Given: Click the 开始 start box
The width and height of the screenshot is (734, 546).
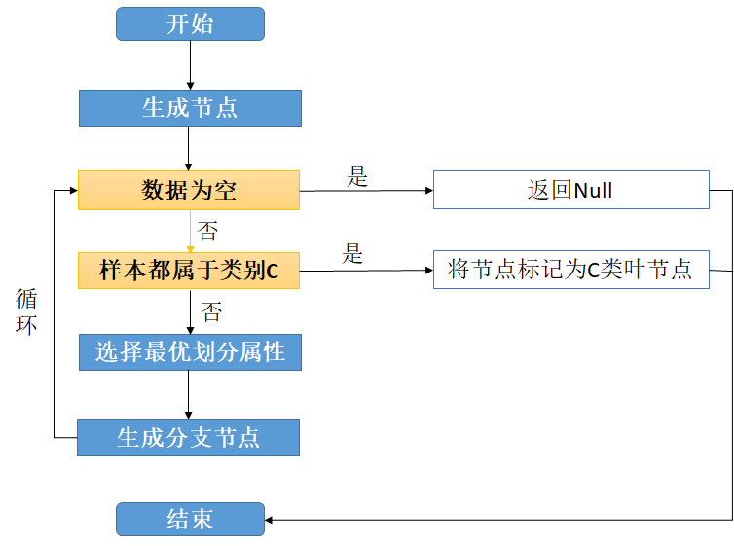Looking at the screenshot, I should point(190,24).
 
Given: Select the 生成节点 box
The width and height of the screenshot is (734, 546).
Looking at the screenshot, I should point(190,108).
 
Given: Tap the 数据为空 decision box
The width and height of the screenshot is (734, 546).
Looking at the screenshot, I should point(189,190).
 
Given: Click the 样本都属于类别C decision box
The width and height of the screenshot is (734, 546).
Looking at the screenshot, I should point(189,271).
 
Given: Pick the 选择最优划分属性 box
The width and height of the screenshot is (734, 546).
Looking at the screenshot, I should point(190,352).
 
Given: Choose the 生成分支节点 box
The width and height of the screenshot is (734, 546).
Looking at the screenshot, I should point(188,438).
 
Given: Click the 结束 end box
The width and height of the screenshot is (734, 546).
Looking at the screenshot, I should point(190,519).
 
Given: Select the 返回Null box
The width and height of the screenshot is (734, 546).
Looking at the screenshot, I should point(570,190).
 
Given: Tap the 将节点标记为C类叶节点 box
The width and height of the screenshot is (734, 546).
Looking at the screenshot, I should point(570,270).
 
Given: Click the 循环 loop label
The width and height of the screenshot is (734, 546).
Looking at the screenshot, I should point(27,311).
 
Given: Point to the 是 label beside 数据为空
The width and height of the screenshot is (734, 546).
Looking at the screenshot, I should point(357,177).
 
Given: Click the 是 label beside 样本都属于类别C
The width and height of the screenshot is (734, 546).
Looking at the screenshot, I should point(352,255).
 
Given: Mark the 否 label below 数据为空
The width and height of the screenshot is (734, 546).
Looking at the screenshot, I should point(207,232).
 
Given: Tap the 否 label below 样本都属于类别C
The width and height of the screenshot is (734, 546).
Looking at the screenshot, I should point(210,312).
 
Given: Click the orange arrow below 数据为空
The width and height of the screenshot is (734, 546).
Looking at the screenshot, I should point(190,231).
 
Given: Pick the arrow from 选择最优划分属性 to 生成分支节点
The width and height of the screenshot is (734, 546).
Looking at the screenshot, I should point(189,395).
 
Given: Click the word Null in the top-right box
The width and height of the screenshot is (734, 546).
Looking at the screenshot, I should point(593,190).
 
